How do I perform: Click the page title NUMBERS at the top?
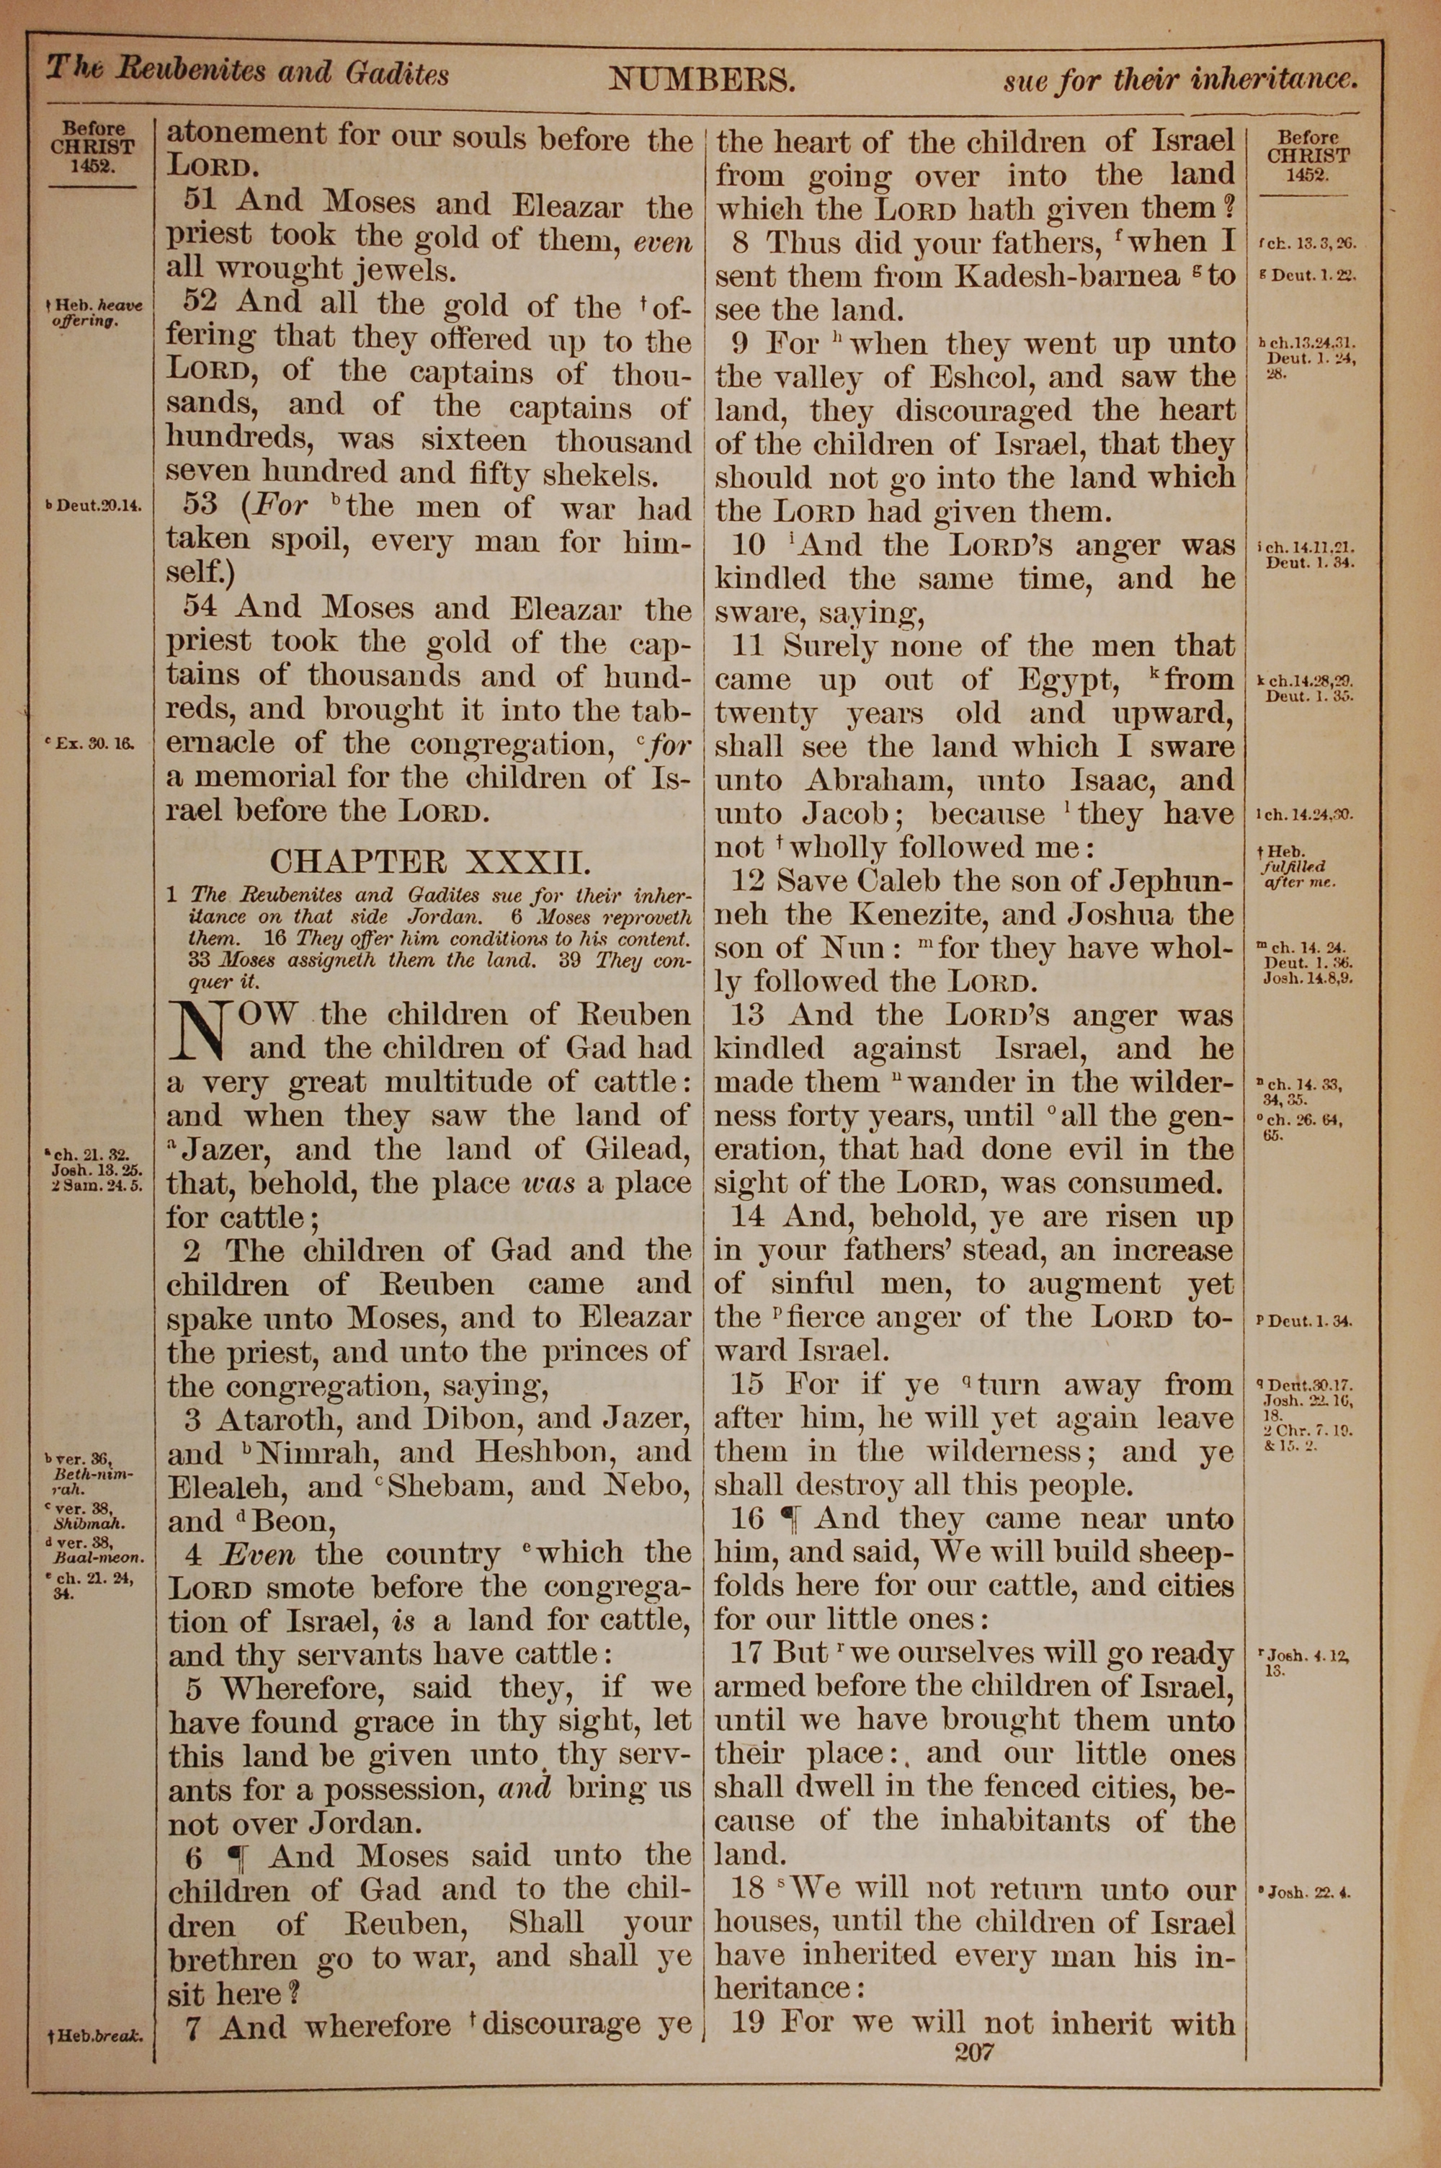pyautogui.click(x=700, y=81)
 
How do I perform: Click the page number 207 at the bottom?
pyautogui.click(x=974, y=2051)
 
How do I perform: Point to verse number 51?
pyautogui.click(x=203, y=203)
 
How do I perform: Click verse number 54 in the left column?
pyautogui.click(x=202, y=608)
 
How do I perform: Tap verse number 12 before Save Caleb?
pyautogui.click(x=749, y=881)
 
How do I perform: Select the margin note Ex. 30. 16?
pyautogui.click(x=94, y=745)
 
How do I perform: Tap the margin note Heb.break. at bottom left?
pyautogui.click(x=96, y=2028)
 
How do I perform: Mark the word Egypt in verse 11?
pyautogui.click(x=1064, y=680)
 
